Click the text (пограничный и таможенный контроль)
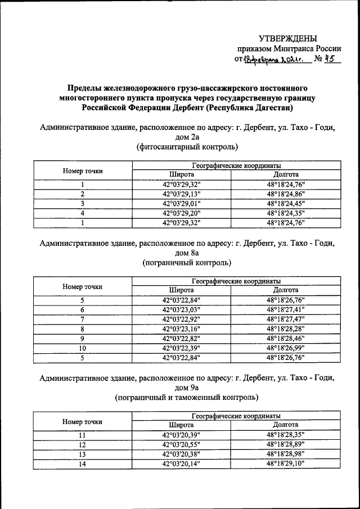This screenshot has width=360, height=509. (187, 397)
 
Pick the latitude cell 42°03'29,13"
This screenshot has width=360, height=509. (181, 194)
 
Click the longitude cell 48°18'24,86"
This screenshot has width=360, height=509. (285, 194)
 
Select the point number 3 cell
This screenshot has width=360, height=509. (82, 204)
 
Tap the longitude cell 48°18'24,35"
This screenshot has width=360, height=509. (285, 213)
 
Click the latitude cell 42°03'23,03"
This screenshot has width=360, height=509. (181, 309)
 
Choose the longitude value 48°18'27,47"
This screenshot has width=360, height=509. (285, 319)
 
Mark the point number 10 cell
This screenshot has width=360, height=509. (82, 348)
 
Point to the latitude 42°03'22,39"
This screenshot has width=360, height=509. (181, 348)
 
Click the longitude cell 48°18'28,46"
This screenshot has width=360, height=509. (285, 338)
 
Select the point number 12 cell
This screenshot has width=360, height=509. (82, 444)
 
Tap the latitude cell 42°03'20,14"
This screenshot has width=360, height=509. (181, 463)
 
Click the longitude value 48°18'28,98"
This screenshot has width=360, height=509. (285, 454)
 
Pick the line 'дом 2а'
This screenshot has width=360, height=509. (187, 137)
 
